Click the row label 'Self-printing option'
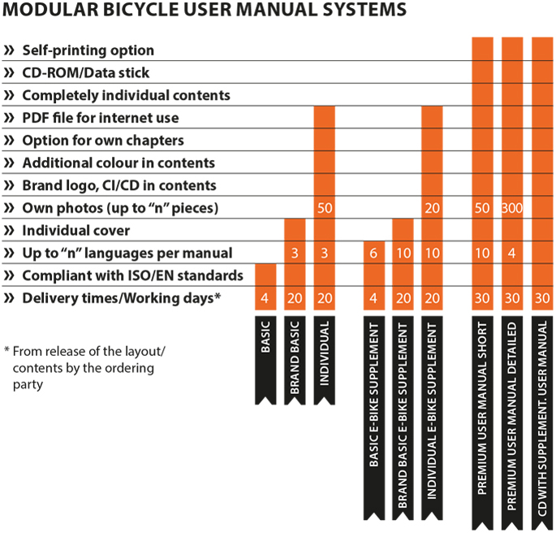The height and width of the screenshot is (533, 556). (x=88, y=50)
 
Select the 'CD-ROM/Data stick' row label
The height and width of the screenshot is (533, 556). (x=86, y=73)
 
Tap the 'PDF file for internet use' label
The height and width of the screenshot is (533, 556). (x=101, y=118)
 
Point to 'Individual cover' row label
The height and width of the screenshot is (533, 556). (x=76, y=231)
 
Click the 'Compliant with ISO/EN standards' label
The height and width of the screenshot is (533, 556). (x=133, y=275)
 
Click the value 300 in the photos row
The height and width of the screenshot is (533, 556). (x=512, y=208)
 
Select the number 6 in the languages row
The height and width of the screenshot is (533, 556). (x=373, y=253)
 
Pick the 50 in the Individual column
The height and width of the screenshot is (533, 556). (x=325, y=208)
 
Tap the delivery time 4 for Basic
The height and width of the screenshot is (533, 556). (x=265, y=298)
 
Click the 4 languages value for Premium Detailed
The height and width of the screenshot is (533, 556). (x=511, y=253)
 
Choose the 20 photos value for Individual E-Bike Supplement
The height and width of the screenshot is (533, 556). (x=433, y=208)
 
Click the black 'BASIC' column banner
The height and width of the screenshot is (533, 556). (x=265, y=360)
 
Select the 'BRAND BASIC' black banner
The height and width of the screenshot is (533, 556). (x=295, y=360)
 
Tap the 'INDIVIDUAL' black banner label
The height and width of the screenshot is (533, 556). (x=325, y=360)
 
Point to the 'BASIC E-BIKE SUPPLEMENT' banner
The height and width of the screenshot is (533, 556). (x=374, y=418)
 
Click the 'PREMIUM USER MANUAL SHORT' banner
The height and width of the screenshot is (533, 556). (x=482, y=423)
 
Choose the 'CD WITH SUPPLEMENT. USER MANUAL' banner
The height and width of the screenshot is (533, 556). (x=542, y=423)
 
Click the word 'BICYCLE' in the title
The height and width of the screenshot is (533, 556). (x=140, y=10)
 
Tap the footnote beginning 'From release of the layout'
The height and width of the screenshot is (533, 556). (x=84, y=368)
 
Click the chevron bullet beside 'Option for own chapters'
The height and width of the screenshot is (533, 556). (x=9, y=141)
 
